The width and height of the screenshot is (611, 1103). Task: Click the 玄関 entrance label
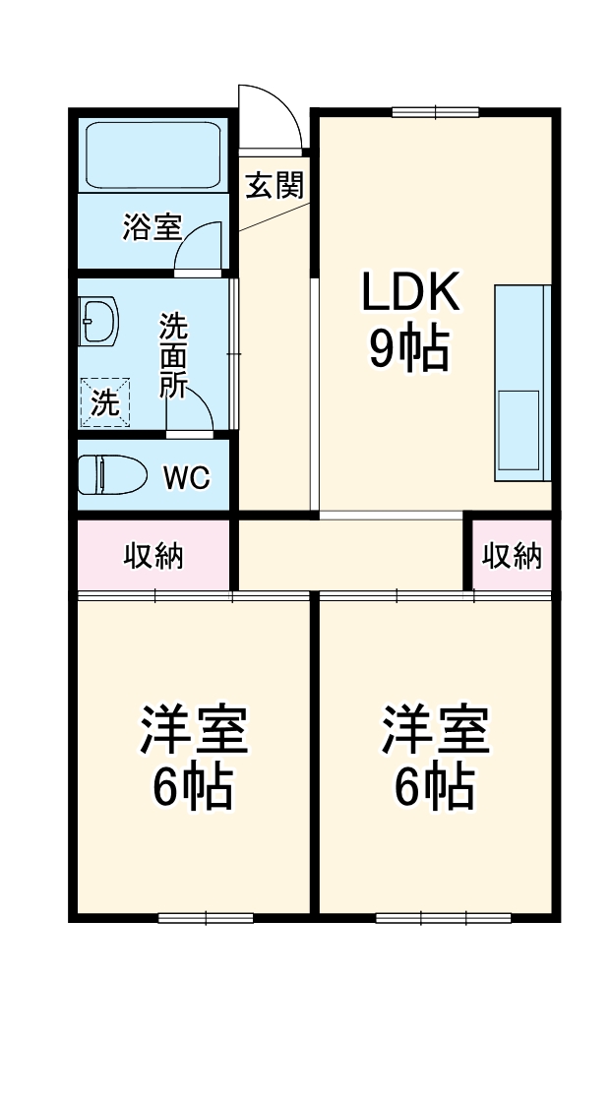[275, 184]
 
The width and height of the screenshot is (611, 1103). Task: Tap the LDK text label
[410, 292]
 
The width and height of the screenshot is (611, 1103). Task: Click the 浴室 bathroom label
[152, 227]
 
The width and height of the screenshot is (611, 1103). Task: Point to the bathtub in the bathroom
[152, 155]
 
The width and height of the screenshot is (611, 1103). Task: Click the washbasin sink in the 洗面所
[98, 322]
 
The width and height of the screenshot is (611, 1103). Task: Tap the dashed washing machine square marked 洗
[105, 401]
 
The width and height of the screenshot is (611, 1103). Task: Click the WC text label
[186, 478]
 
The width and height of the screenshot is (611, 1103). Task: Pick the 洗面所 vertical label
[174, 354]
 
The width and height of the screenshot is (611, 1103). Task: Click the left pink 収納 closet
[153, 556]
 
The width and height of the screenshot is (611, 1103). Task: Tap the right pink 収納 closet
[512, 556]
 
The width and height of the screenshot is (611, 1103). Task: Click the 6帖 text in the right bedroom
[435, 786]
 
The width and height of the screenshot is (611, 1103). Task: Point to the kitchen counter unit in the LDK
[522, 384]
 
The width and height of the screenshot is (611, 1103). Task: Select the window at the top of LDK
[435, 111]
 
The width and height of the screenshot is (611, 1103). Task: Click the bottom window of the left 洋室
[206, 918]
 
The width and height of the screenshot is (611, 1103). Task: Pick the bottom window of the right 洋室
[443, 918]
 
